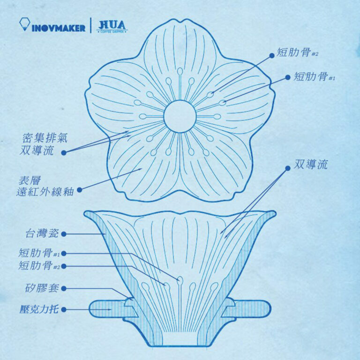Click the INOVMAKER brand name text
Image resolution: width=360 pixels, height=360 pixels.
pyautogui.click(x=59, y=28)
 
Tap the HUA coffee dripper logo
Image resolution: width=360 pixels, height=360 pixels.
pyautogui.click(x=112, y=26)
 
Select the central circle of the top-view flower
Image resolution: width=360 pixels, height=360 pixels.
pyautogui.click(x=180, y=116)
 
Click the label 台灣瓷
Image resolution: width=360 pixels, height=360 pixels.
pyautogui.click(x=41, y=233)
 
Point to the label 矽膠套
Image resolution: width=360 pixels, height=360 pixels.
pyautogui.click(x=41, y=288)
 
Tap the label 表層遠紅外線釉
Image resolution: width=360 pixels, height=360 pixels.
pyautogui.click(x=45, y=186)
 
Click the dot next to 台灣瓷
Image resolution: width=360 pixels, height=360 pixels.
pyautogui.click(x=64, y=233)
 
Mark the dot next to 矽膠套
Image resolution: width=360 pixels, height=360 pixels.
pyautogui.click(x=64, y=288)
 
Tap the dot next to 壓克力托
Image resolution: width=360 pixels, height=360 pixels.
pyautogui.click(x=64, y=309)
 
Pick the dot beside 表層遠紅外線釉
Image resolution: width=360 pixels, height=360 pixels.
pyautogui.click(x=79, y=190)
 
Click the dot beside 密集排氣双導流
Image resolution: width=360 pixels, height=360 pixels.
pyautogui.click(x=64, y=152)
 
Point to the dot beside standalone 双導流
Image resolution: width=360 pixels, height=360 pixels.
pyautogui.click(x=287, y=167)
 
